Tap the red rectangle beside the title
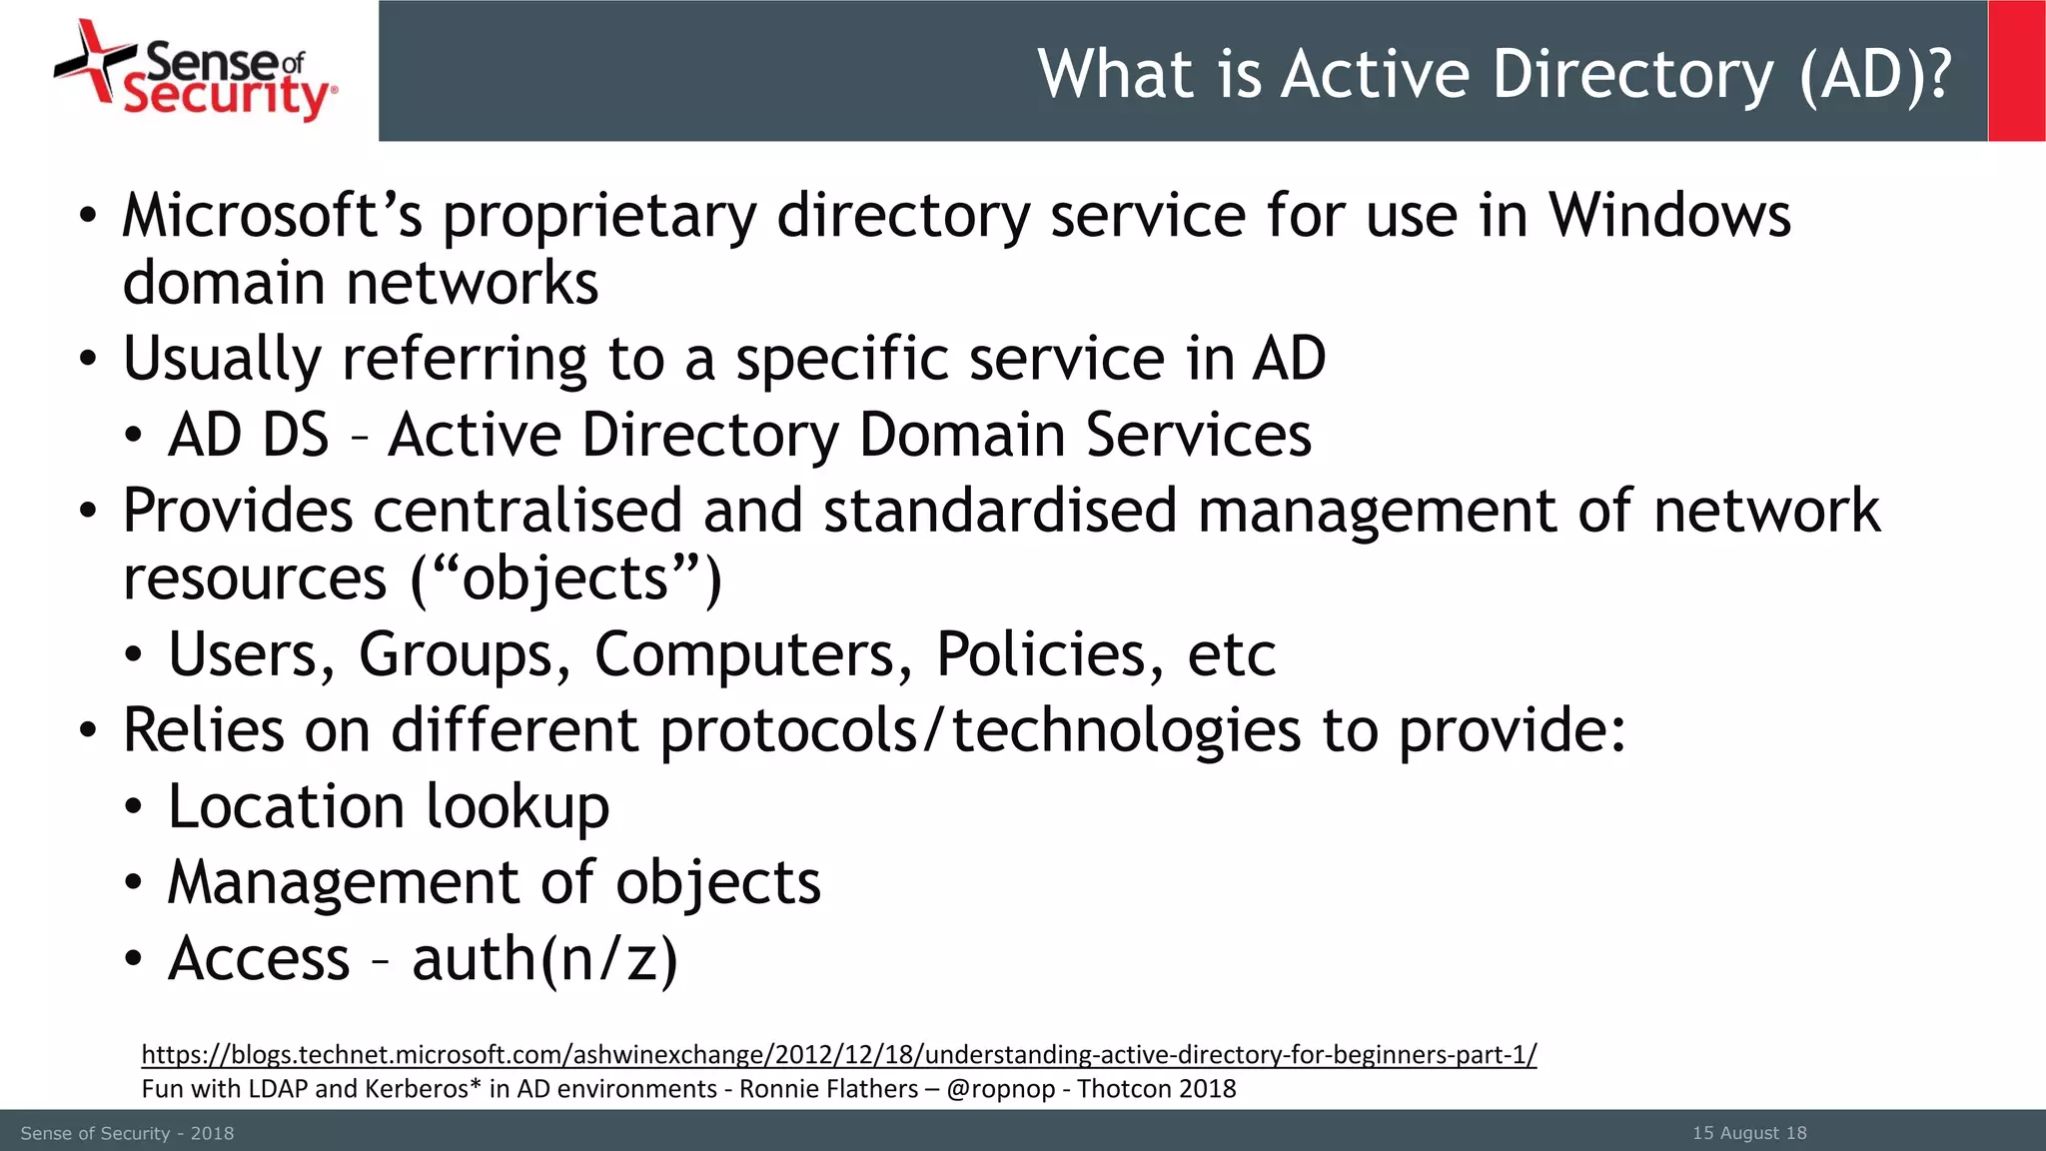(x=2016, y=71)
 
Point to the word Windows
(x=1669, y=216)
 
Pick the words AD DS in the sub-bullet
(x=249, y=435)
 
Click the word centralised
(x=527, y=511)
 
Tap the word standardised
(x=1000, y=511)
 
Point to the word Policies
(x=1049, y=655)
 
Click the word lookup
(x=517, y=807)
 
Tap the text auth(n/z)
(x=544, y=959)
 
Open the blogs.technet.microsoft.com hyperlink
(x=838, y=1054)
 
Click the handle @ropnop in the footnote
(x=1000, y=1089)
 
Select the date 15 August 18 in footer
(x=1748, y=1133)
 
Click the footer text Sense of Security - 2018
(x=127, y=1133)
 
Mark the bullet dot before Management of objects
(x=134, y=883)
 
